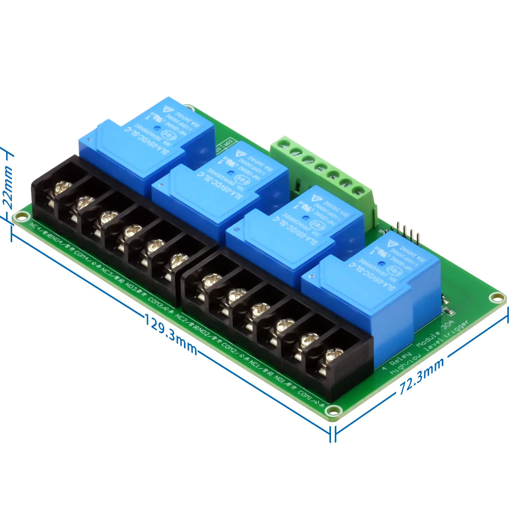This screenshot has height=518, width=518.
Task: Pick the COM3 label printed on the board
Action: (x=155, y=302)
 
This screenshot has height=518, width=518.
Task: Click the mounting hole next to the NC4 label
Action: (x=18, y=217)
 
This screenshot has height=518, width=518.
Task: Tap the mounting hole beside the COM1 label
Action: (x=333, y=411)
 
